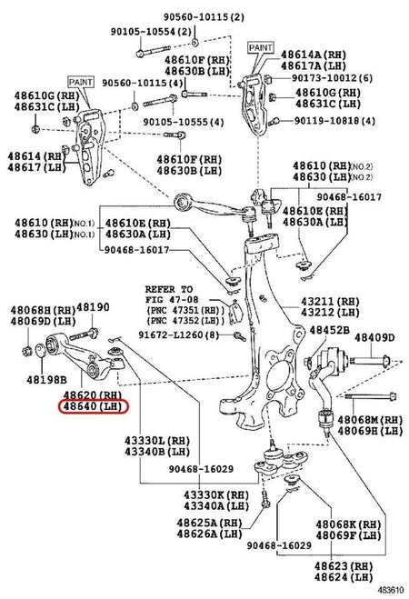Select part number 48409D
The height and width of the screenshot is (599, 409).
point(374,337)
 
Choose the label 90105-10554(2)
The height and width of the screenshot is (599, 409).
point(140,31)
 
